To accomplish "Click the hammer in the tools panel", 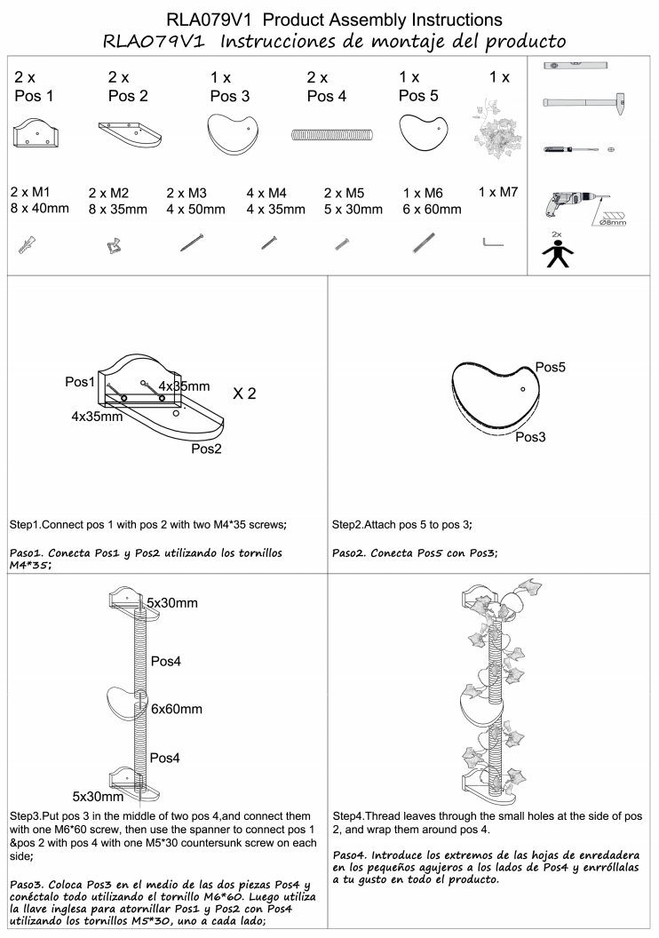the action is click(584, 104).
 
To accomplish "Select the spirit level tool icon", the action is click(576, 65).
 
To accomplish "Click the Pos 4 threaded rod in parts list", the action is click(332, 135).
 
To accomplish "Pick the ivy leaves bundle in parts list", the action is click(496, 131).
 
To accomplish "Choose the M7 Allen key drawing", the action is click(492, 242).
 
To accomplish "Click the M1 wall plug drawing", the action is click(27, 244).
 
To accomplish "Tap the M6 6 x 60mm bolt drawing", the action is click(423, 242).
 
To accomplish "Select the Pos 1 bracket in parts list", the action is click(36, 133).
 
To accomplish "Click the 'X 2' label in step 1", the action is click(244, 393).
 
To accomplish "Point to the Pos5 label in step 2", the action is click(550, 368).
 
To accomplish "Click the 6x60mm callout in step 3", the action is click(177, 709).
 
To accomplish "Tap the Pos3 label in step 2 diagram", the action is click(530, 437).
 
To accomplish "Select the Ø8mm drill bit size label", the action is click(612, 223).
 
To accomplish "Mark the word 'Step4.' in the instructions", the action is click(349, 816).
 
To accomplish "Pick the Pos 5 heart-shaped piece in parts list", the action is click(423, 132).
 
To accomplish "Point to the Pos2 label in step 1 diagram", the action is click(206, 449).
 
